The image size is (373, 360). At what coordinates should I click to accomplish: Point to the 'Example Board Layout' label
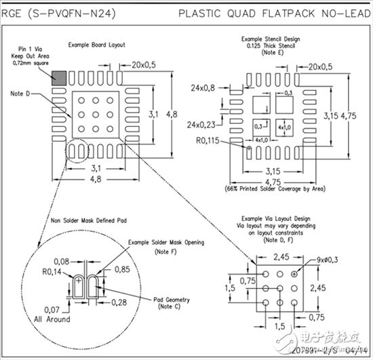pos(96,45)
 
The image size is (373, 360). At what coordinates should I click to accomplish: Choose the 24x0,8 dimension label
pos(203,87)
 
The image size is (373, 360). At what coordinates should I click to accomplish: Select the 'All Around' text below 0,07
pos(46,319)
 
